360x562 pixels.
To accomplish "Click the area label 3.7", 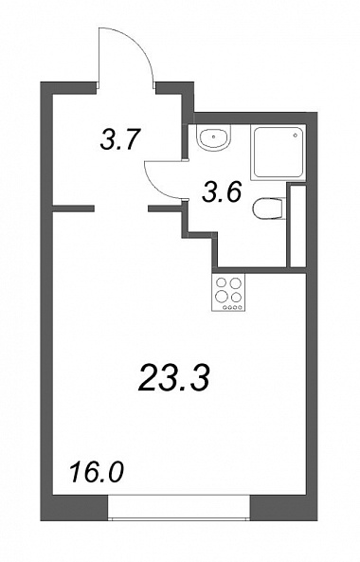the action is point(119,139).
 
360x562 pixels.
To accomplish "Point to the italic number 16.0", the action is point(97,472).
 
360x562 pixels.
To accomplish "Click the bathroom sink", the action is point(214,137).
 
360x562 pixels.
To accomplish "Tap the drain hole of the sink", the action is point(214,136).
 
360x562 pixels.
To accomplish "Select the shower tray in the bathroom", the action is point(279,152).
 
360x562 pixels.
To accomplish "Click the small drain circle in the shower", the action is point(296,136).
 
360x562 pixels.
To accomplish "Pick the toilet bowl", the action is point(268,208).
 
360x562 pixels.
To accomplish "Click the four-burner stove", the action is point(228,292).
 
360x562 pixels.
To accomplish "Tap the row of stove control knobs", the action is point(228,307).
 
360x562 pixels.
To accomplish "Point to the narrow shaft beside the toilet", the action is point(297,226).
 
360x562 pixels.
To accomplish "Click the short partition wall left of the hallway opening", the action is point(74,208).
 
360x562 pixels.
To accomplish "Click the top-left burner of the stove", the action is point(222,283).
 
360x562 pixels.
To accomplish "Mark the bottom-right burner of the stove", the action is point(235,298).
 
